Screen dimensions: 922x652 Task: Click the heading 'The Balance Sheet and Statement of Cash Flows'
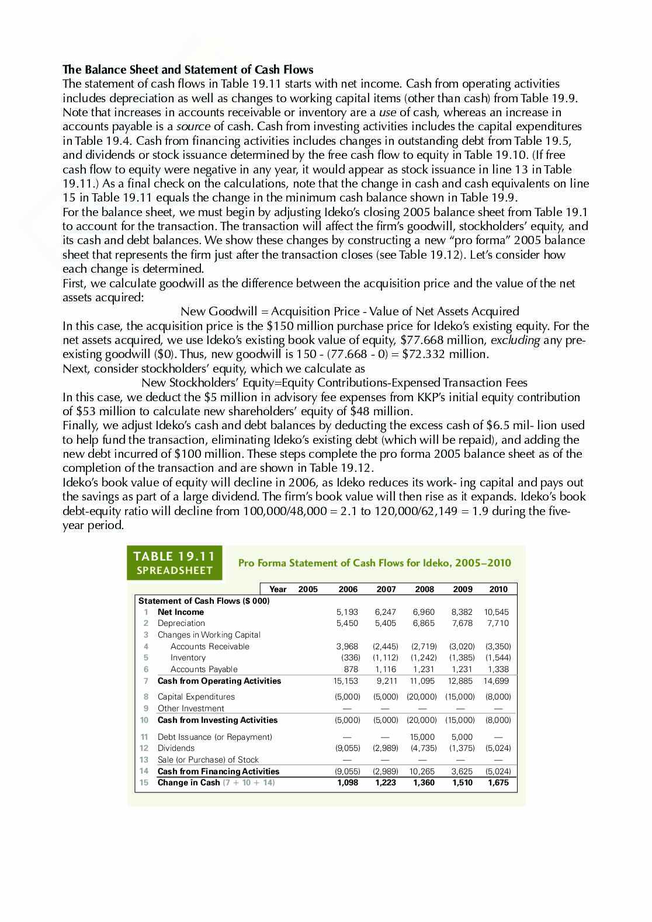coord(188,69)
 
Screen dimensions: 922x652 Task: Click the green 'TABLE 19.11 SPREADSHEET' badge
coord(175,563)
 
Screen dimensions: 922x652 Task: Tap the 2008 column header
coord(424,589)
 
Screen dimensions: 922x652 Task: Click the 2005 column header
coord(308,589)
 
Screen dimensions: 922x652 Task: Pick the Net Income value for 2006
coord(348,612)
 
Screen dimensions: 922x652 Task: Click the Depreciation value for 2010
coord(498,623)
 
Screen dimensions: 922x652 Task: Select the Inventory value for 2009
coord(462,657)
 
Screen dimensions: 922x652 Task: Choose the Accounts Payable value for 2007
coord(386,669)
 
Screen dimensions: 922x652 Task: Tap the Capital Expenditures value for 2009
coord(461,697)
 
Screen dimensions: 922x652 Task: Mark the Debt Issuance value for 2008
coord(423,737)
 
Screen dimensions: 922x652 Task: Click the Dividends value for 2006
coord(348,748)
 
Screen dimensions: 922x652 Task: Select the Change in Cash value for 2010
coord(498,782)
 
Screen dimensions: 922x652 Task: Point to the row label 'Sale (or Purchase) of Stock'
coord(208,760)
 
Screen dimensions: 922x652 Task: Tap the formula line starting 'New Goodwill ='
coord(349,311)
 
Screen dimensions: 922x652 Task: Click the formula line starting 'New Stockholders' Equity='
coord(334,382)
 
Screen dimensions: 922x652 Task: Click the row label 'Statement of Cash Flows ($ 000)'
coord(204,601)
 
